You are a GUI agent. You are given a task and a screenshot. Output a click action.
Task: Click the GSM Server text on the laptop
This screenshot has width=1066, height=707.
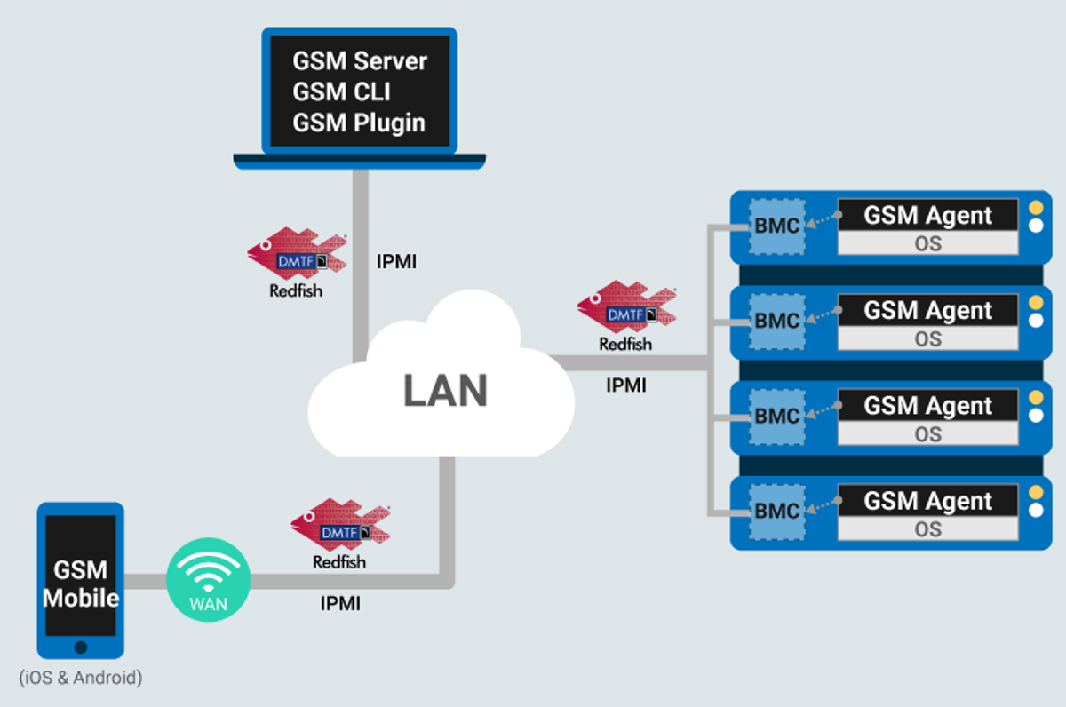pos(360,62)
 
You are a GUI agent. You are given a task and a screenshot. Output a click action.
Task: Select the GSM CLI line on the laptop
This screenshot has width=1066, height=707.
pos(341,92)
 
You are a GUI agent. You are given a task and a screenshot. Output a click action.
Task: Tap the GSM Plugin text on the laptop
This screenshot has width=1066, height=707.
pos(359,123)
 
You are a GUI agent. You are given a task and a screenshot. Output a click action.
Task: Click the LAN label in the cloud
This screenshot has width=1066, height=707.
pos(446,391)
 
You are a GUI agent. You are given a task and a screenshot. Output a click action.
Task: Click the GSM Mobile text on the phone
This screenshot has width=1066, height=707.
pos(81,584)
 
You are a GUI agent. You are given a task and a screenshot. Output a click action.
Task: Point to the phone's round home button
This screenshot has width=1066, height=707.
pos(81,647)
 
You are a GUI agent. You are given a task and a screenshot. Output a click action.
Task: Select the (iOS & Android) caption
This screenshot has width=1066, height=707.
pos(80,678)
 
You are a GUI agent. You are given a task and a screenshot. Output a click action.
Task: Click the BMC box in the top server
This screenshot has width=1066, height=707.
pos(777,226)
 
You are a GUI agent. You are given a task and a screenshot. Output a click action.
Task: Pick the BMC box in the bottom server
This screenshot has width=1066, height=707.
pos(777,511)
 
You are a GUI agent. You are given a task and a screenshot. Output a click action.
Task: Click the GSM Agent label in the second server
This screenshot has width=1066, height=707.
pos(928,310)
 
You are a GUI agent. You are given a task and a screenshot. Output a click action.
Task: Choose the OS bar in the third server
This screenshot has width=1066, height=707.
pos(928,433)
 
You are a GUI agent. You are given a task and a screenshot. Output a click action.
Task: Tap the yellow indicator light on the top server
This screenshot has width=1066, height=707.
pos(1035,208)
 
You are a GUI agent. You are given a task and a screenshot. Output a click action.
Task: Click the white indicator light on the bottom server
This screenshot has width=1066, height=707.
pos(1035,511)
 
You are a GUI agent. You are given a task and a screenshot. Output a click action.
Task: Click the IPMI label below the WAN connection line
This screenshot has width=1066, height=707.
pos(340,604)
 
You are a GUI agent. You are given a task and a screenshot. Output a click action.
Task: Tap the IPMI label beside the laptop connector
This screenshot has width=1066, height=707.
pos(396,262)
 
